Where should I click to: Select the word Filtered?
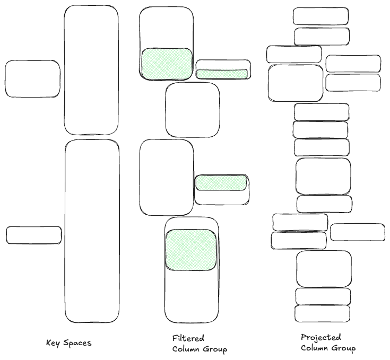(188, 338)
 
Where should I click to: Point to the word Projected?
(320, 337)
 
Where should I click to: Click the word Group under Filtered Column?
(214, 349)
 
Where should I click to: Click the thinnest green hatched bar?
(222, 74)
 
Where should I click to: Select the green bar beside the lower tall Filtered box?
(221, 183)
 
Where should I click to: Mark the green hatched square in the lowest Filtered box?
(191, 250)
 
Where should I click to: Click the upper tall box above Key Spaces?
(91, 70)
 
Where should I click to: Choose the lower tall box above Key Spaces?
(92, 231)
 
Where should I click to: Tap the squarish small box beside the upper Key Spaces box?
(32, 78)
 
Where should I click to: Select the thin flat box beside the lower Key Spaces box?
(33, 235)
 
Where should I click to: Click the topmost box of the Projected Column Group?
(320, 16)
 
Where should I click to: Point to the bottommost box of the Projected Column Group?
(322, 313)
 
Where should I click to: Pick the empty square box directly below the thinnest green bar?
(192, 110)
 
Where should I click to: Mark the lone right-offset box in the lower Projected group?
(357, 232)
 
